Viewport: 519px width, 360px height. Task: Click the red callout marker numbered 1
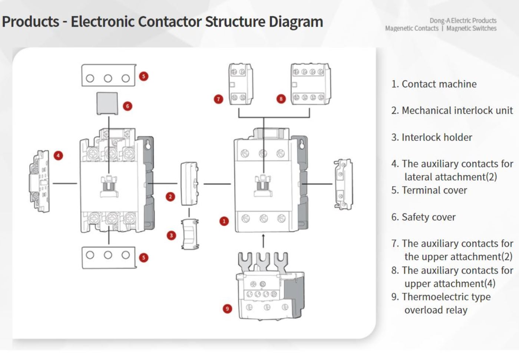tap(224, 221)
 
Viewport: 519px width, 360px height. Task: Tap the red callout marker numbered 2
tap(171, 196)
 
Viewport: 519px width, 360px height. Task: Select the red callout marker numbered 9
tap(227, 308)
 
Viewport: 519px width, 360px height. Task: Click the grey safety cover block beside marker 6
tap(107, 103)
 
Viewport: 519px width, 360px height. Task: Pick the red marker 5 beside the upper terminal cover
tap(143, 76)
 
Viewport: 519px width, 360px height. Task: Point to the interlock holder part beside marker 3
tap(190, 234)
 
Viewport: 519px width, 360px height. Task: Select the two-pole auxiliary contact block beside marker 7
tap(240, 84)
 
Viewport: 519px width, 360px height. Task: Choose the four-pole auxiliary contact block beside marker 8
tap(310, 84)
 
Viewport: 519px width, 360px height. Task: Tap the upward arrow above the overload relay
tap(263, 240)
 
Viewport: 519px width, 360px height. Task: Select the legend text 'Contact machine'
tap(439, 84)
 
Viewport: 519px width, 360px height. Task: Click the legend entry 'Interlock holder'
tap(437, 138)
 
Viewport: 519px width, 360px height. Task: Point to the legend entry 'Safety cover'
tap(429, 217)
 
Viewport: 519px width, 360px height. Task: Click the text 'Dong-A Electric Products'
tap(463, 20)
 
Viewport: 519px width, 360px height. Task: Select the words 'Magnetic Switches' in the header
tap(471, 29)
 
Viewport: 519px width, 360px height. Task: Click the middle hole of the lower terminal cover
tap(108, 255)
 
